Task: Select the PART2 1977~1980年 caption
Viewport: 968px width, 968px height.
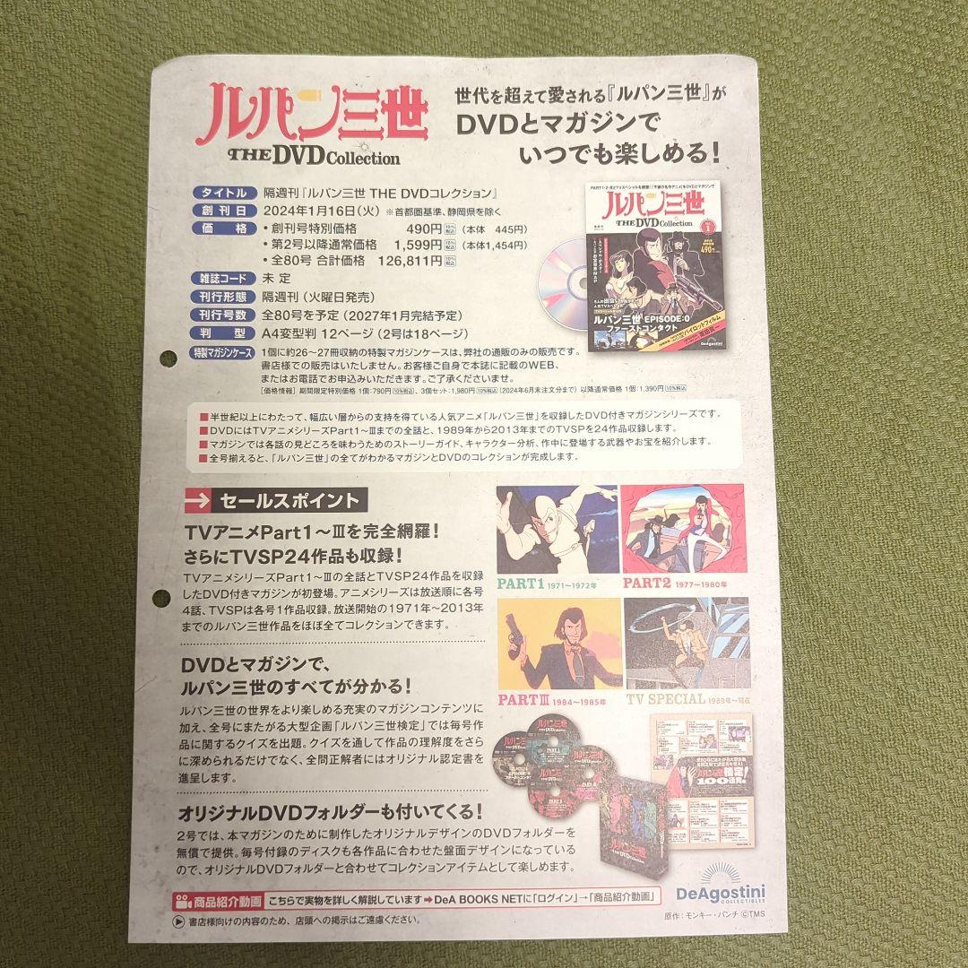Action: [682, 584]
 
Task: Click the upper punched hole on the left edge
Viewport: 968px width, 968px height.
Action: [168, 359]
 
